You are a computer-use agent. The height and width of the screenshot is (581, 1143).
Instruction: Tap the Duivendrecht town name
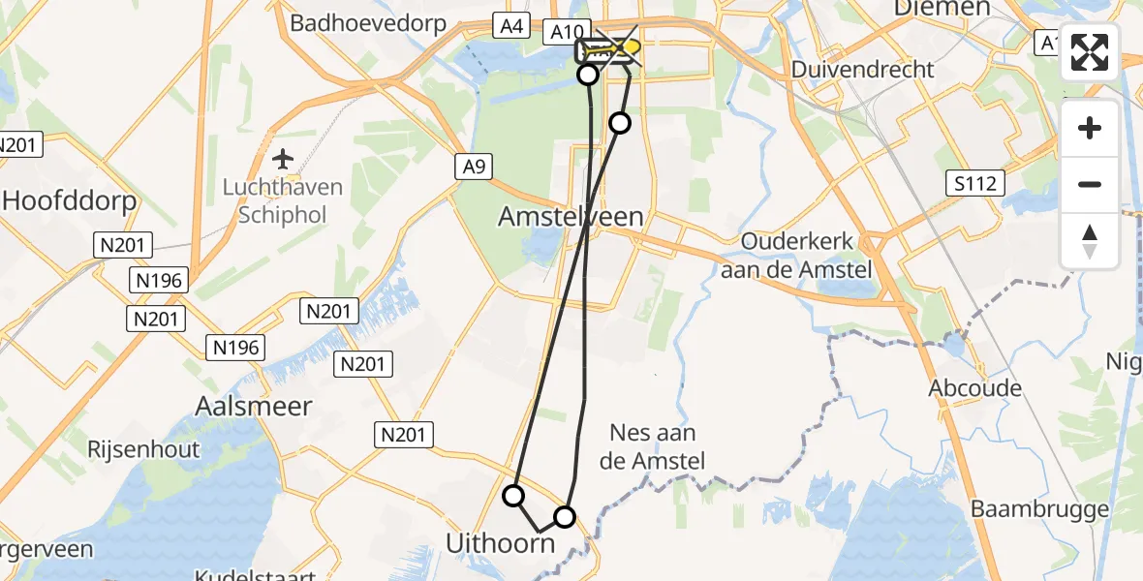862,69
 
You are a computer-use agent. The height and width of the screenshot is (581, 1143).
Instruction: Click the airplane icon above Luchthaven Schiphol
283,158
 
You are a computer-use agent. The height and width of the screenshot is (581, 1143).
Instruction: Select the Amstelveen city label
571,216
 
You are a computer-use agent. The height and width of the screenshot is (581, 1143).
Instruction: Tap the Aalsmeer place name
254,406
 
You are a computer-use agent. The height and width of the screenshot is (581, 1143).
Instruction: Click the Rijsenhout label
143,449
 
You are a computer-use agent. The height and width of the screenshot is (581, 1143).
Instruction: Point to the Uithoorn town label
500,544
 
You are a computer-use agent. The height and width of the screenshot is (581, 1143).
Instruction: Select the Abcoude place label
974,388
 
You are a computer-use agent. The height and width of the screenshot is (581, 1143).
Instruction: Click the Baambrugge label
1039,509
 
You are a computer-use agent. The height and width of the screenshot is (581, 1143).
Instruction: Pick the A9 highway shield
474,167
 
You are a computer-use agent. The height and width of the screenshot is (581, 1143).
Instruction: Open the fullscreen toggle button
1090,52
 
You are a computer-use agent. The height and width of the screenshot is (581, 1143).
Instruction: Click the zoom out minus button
1090,184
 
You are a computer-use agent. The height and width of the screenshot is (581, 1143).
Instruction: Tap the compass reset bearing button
1090,240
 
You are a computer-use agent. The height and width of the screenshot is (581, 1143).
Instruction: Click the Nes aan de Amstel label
653,446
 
